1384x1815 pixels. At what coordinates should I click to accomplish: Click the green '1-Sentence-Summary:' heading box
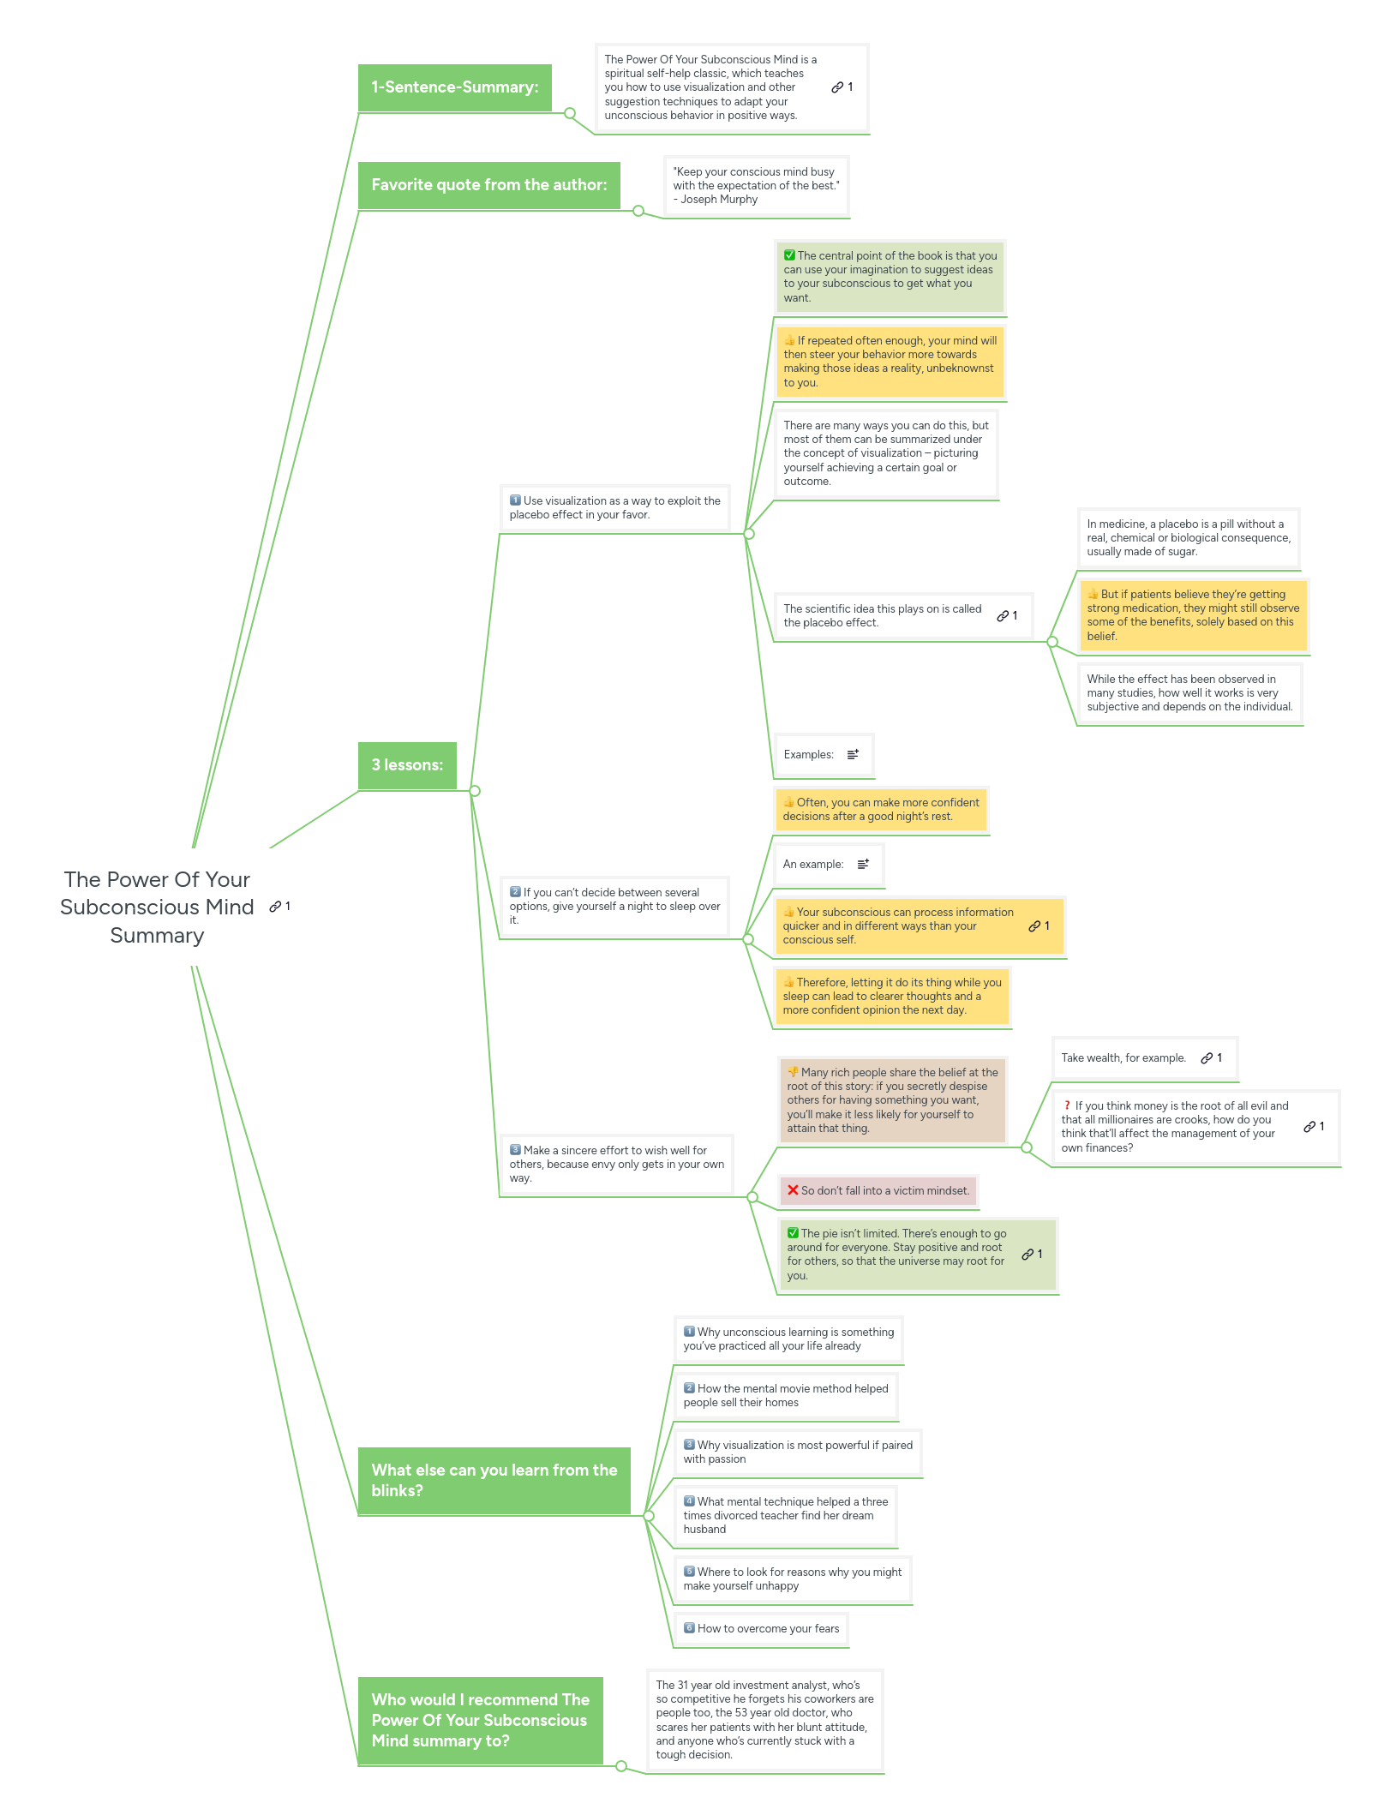pos(454,87)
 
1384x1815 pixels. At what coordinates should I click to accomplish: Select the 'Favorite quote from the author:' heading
pos(488,185)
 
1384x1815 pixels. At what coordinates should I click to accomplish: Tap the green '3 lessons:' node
pos(407,765)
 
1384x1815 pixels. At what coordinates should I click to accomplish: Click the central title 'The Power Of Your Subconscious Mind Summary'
pos(158,907)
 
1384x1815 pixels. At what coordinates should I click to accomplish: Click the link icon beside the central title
pos(275,907)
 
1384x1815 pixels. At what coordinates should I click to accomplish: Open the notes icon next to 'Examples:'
pos(853,755)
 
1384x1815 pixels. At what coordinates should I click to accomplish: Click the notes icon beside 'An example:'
pos(863,865)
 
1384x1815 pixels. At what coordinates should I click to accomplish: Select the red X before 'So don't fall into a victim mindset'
pos(794,1190)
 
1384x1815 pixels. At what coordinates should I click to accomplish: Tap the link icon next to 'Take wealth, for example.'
pos(1207,1058)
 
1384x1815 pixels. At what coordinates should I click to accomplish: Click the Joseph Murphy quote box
pos(756,186)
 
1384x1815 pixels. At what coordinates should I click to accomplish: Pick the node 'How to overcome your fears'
pos(762,1629)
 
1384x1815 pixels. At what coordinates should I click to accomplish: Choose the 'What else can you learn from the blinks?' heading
pos(494,1480)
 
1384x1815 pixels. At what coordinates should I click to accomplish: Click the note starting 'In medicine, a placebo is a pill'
pos(1188,538)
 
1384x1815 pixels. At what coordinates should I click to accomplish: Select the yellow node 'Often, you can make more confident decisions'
pos(880,810)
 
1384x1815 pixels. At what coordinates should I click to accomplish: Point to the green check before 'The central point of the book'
pos(789,255)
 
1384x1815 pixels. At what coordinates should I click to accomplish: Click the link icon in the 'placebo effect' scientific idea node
pos(1003,616)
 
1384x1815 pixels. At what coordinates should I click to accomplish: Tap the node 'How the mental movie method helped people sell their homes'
pos(785,1396)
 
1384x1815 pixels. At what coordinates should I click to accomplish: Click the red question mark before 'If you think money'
pos(1067,1105)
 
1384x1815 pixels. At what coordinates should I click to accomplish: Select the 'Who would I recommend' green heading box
pos(480,1720)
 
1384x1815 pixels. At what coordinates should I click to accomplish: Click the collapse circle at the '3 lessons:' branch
pos(475,791)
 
